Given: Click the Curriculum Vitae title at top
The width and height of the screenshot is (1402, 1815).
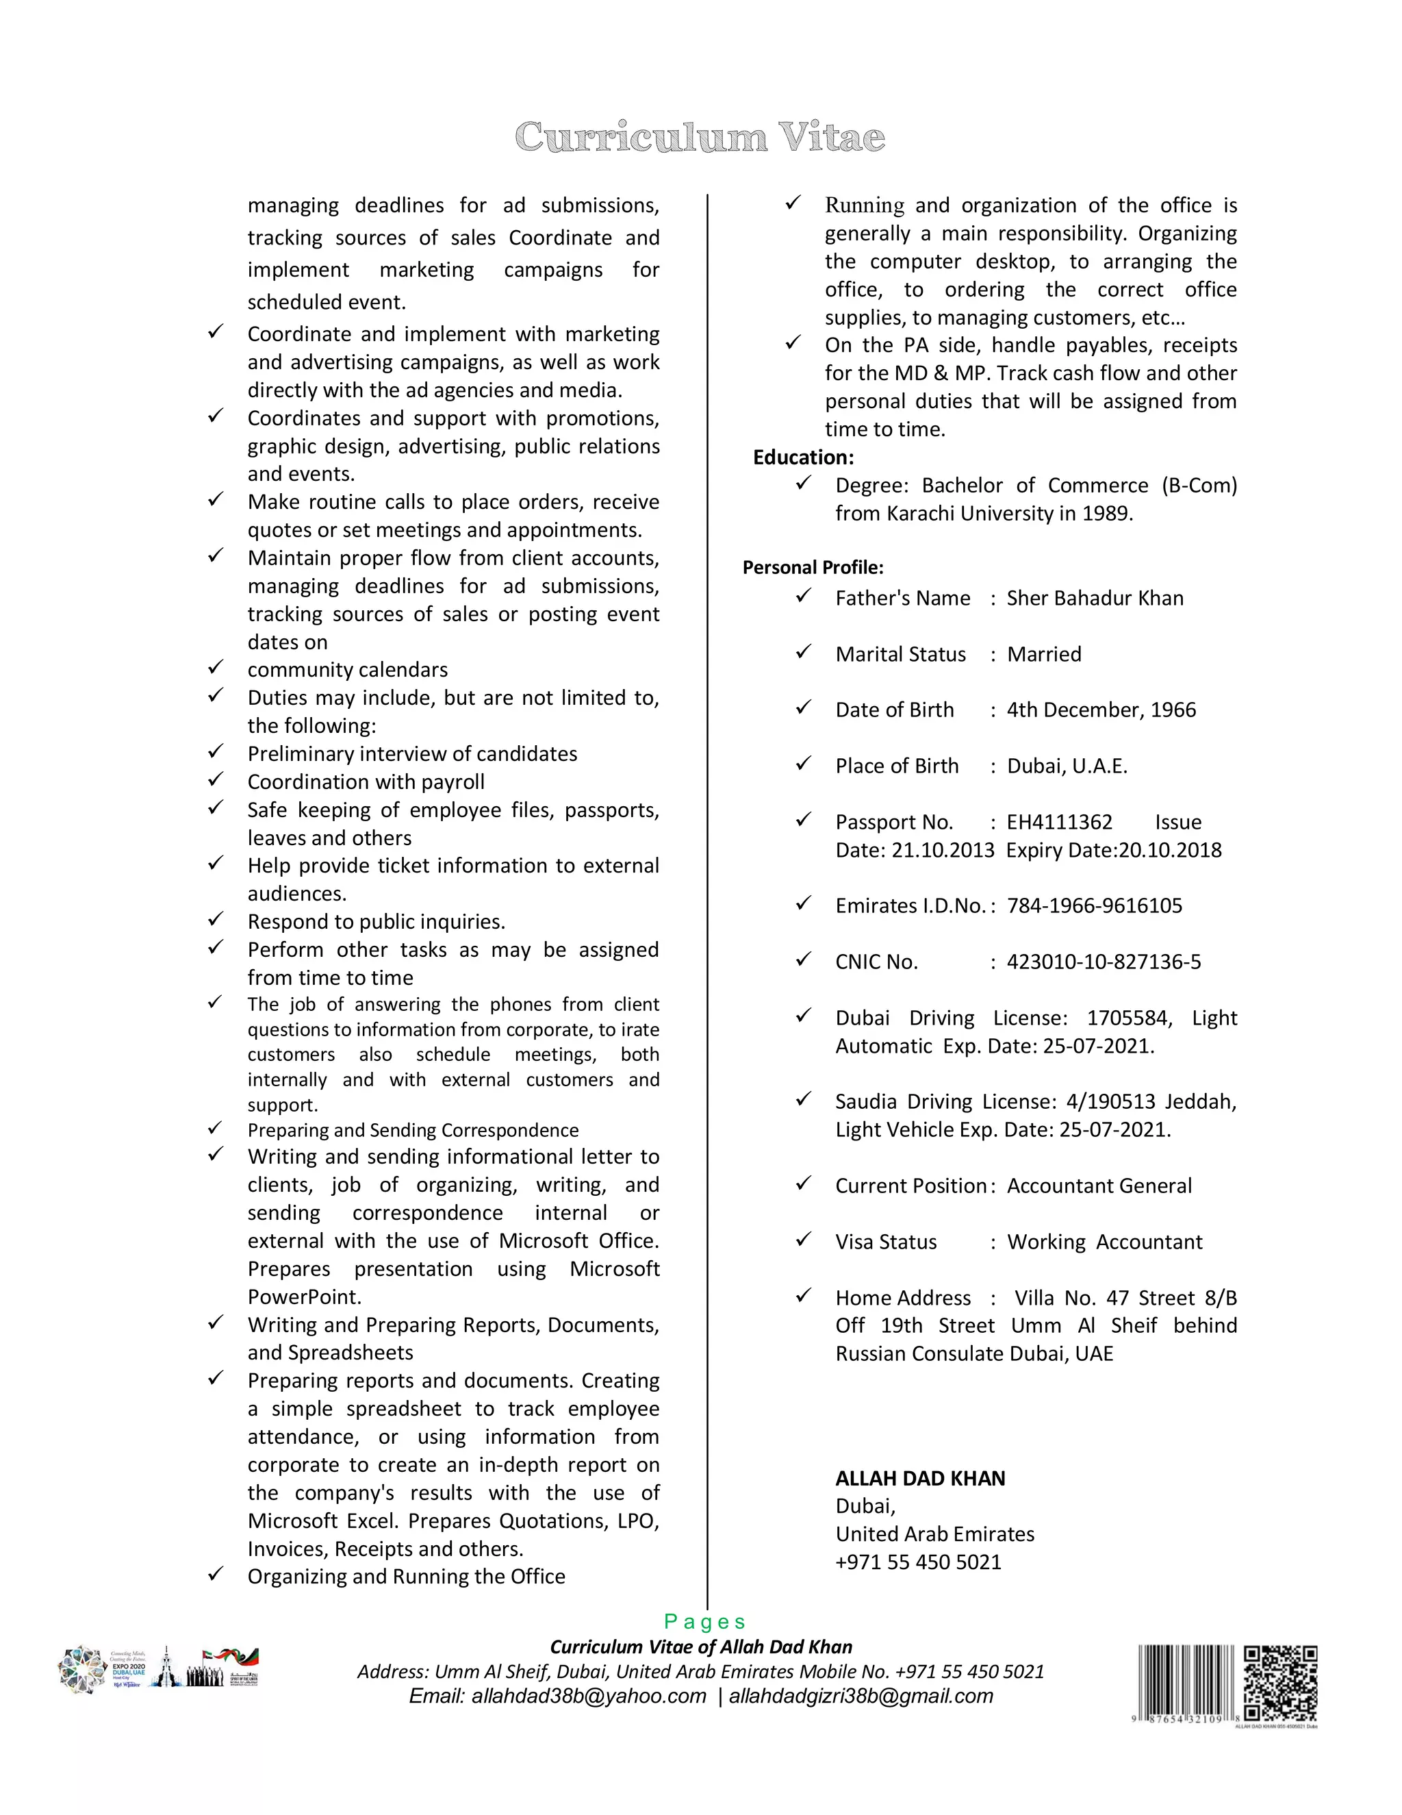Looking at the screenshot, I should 700,137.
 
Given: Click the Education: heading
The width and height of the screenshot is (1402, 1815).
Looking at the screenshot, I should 803,457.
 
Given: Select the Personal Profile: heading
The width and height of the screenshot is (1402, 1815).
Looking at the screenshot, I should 813,568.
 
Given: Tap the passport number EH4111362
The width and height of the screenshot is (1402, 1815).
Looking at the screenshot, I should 1059,822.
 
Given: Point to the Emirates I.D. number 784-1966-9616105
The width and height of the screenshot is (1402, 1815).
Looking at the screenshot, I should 1094,906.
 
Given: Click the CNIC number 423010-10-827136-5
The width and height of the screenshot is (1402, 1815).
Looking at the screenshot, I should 1104,962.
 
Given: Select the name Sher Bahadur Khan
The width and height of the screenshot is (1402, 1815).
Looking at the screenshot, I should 1095,599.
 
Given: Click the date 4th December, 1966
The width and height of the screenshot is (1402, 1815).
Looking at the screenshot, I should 1101,710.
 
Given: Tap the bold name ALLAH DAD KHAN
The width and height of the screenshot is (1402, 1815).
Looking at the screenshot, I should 920,1479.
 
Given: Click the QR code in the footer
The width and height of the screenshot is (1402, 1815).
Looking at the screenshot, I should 1280,1683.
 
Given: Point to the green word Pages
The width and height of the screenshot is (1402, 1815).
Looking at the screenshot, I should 704,1621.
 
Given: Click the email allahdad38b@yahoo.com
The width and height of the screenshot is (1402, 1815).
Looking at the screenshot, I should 557,1696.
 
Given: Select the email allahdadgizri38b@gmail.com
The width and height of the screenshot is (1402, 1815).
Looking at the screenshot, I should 861,1696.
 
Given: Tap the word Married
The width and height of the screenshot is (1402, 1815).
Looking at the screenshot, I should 1044,654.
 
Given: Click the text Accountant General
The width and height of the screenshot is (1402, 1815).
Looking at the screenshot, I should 1099,1186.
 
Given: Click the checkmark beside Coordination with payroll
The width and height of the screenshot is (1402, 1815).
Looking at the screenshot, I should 216,779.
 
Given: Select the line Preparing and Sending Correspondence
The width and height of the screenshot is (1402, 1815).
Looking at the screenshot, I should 413,1130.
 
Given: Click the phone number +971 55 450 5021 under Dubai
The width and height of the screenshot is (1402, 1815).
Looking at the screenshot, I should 918,1562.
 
